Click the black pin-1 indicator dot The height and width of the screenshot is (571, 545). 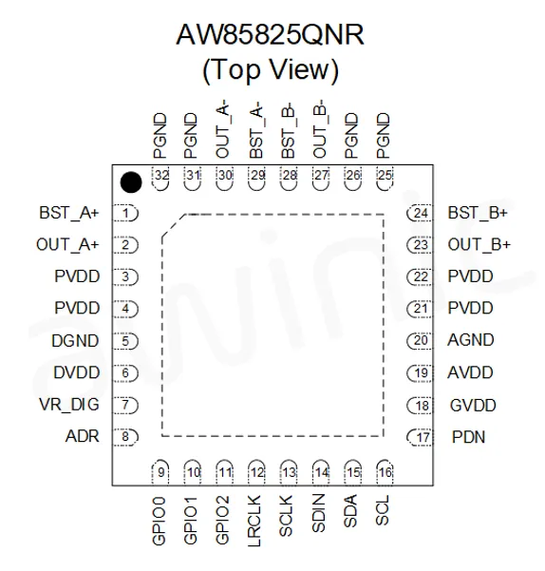[x=131, y=182]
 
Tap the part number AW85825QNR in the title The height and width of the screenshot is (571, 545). [x=270, y=35]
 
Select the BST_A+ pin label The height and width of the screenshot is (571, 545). [x=69, y=213]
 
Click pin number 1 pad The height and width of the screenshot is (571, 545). [x=125, y=214]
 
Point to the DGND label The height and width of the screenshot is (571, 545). [x=75, y=341]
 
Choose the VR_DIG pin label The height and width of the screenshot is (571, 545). [x=69, y=405]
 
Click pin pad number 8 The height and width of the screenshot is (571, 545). [x=125, y=437]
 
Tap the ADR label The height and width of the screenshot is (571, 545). [x=83, y=436]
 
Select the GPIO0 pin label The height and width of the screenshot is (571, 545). [x=159, y=521]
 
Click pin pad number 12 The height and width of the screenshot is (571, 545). [x=256, y=472]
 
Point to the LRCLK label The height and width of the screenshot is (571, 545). [x=254, y=521]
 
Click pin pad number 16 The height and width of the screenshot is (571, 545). [x=385, y=472]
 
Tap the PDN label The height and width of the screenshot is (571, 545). [x=469, y=437]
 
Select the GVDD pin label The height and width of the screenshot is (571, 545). [x=473, y=406]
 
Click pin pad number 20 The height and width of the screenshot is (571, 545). [x=420, y=341]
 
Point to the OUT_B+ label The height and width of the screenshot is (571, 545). [x=479, y=245]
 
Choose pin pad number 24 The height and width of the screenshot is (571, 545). [x=420, y=214]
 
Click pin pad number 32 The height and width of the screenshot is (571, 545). [x=160, y=178]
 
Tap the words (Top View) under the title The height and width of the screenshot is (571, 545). [x=271, y=70]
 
